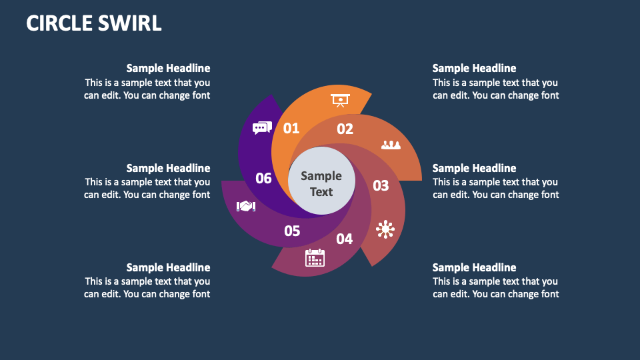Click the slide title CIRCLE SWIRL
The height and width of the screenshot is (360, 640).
pos(94,23)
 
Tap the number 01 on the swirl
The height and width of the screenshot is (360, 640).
pos(291,128)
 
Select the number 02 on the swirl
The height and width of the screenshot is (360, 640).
pos(345,129)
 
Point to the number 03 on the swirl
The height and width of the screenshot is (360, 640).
pos(381,185)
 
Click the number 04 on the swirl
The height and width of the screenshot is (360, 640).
pos(345,239)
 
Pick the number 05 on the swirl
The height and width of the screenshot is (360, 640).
pos(292,231)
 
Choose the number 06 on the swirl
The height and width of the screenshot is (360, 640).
pos(264,178)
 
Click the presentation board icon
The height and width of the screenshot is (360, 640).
pos(340,101)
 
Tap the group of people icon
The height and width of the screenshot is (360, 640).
pos(391,144)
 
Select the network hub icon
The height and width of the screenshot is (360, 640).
pos(385,229)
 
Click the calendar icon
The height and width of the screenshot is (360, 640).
pos(315,257)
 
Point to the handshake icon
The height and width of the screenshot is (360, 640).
pos(246,207)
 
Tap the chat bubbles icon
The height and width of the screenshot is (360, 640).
pos(262,128)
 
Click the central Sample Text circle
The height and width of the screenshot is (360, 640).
pos(321,183)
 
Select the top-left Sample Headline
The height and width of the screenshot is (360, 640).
pos(168,68)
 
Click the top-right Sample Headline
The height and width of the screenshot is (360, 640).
pos(474,68)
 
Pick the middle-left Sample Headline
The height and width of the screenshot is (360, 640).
pos(168,168)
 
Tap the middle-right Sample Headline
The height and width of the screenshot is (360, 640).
pos(474,168)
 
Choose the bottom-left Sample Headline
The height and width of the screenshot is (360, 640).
pos(168,267)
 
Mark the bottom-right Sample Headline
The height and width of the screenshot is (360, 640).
pos(474,267)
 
